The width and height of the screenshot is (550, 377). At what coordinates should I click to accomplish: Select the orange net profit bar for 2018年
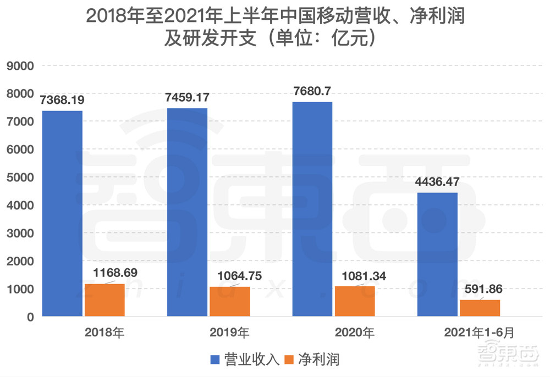click(x=105, y=300)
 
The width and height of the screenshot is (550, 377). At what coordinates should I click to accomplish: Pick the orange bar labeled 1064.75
click(x=229, y=301)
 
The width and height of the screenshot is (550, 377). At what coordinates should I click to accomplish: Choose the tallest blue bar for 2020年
click(x=312, y=209)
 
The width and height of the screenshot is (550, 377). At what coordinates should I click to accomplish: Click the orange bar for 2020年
click(x=354, y=301)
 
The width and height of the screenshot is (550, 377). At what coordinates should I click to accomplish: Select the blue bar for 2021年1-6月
click(x=437, y=254)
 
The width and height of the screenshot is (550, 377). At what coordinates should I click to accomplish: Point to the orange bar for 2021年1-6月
click(x=480, y=308)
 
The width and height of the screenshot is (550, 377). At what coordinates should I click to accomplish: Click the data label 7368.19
click(x=62, y=101)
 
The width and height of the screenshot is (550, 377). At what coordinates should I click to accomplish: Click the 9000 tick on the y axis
click(x=20, y=66)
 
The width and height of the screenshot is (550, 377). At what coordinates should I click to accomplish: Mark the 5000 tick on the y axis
click(x=20, y=178)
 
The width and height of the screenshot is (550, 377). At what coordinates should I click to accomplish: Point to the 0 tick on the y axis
click(x=30, y=317)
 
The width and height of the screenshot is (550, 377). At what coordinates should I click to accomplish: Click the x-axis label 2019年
click(x=229, y=333)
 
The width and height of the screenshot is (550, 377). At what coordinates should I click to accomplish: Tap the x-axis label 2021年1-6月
click(x=480, y=333)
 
